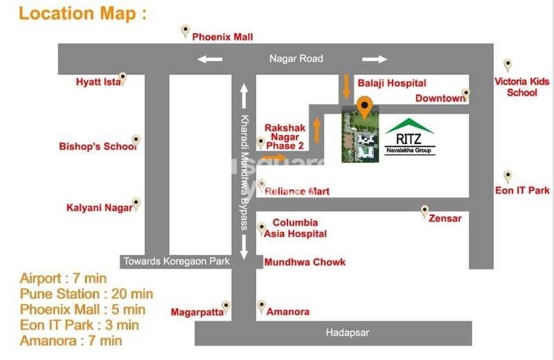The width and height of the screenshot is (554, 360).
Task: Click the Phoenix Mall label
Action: coord(222,37)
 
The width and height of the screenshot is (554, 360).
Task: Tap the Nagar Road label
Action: coord(296,59)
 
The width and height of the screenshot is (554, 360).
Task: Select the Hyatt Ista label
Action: coord(98,82)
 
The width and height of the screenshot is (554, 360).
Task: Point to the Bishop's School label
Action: coord(97,147)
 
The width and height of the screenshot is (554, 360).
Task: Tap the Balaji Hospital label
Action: coord(391,83)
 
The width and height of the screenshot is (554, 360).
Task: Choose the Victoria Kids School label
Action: coord(521,87)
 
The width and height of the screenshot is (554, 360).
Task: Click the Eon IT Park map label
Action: coord(522,190)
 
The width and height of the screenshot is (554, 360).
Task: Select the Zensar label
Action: coord(445,219)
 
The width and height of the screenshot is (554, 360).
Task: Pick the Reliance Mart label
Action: coord(297,191)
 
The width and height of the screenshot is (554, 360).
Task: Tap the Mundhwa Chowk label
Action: coord(305,262)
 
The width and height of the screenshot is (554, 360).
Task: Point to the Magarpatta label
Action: coord(197,312)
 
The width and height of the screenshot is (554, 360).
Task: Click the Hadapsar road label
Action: coord(348,333)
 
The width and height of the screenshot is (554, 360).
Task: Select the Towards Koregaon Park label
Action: coord(176,262)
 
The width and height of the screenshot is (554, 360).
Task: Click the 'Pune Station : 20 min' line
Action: coord(87,294)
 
